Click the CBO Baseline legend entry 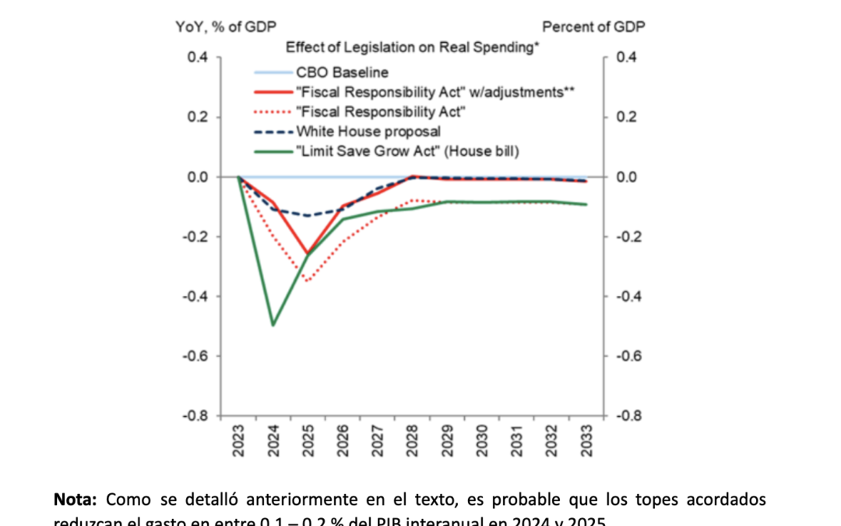(342, 72)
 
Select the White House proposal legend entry (368, 132)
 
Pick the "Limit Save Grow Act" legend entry (407, 151)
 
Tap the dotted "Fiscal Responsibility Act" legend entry (381, 111)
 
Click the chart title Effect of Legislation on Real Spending (413, 48)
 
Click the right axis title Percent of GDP (593, 26)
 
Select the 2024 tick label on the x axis (273, 444)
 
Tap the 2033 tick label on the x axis (586, 444)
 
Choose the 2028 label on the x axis (412, 444)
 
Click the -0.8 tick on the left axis (197, 415)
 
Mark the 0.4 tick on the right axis (625, 58)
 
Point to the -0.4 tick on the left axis (197, 296)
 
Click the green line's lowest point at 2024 (273, 325)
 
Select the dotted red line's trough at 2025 (308, 281)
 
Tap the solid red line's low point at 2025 (308, 254)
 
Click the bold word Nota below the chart (76, 500)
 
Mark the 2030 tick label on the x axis (482, 444)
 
